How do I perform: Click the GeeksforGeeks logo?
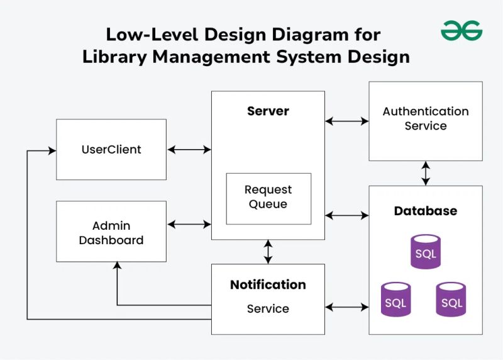coord(461,30)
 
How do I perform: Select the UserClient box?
coord(111,150)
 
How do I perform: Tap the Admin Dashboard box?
coord(111,232)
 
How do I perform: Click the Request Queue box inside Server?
coord(268,198)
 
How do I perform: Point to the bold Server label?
coord(268,111)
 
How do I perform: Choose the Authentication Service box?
coord(426,120)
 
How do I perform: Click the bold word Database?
coord(425,211)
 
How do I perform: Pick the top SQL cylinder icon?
coord(426,252)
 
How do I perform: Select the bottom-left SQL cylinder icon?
coord(395,300)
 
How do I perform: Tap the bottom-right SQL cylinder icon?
coord(451,300)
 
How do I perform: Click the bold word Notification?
coord(268,284)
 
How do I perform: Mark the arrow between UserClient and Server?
coord(189,150)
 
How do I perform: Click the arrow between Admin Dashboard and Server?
coord(189,223)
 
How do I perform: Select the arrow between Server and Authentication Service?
coord(346,120)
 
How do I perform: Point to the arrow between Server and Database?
coord(346,216)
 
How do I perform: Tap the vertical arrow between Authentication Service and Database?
coord(426,173)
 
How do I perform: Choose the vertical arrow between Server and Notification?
coord(268,252)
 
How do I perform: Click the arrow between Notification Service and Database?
coord(346,307)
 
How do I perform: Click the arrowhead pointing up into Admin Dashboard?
coord(117,266)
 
